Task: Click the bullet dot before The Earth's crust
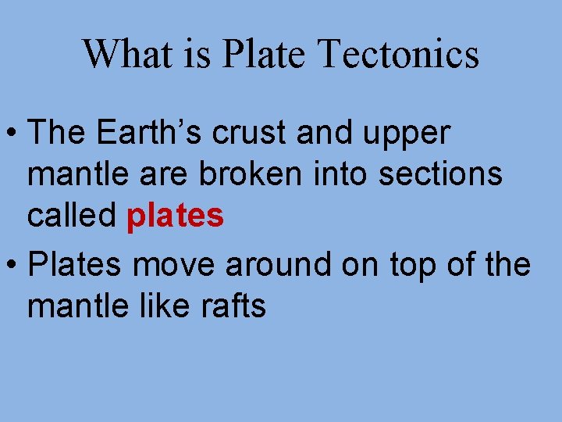click(12, 134)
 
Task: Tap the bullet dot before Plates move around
click(12, 266)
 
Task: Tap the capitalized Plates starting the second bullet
click(74, 265)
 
